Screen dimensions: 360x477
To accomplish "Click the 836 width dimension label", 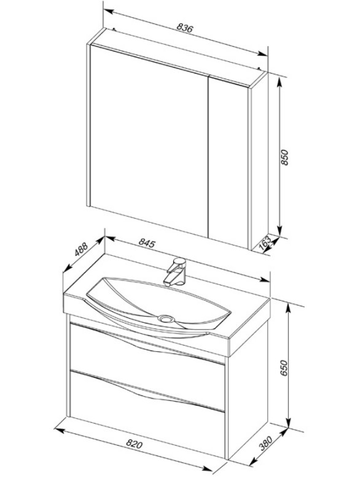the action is coord(185,28).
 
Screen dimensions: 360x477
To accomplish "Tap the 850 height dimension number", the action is coord(284,157).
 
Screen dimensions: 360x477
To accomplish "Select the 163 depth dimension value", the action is coord(265,242).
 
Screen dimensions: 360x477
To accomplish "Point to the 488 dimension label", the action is coord(81,249).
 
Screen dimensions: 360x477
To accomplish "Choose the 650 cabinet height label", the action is coord(284,368).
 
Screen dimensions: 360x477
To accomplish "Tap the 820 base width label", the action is coord(134,444).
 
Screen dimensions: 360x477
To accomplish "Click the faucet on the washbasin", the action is coord(175,272).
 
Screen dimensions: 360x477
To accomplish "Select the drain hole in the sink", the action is coord(165,319).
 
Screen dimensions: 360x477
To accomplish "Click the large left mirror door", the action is coord(149,140).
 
